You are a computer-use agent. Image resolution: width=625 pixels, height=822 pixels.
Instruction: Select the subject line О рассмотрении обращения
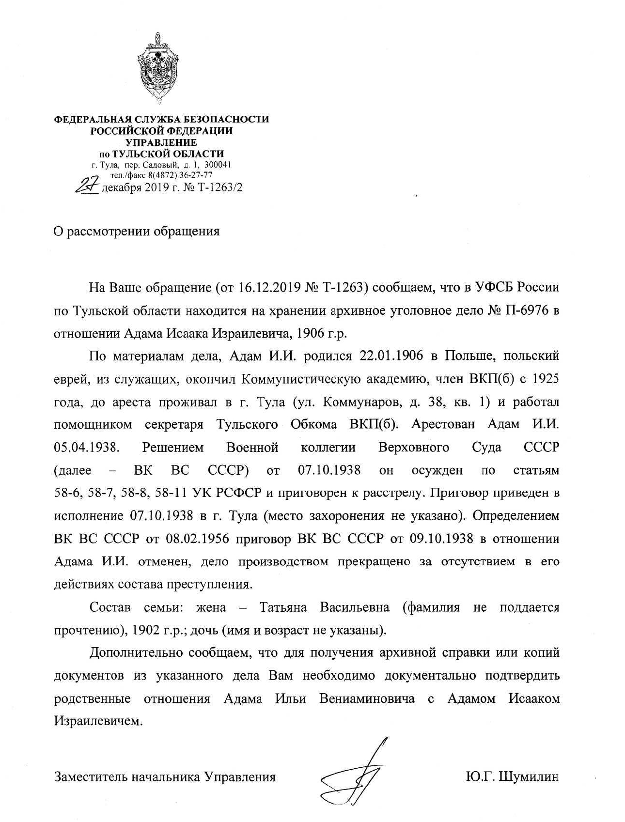tap(136, 231)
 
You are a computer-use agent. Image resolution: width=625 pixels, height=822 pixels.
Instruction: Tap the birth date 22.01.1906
tap(391, 356)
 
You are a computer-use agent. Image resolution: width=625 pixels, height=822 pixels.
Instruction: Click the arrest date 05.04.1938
tap(86, 447)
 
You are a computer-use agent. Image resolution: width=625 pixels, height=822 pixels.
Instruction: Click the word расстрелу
tap(396, 493)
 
